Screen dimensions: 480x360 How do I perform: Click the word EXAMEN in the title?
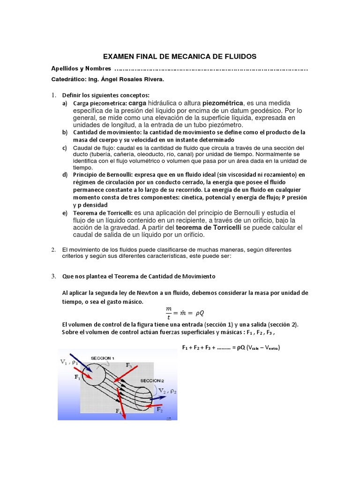click(x=119, y=56)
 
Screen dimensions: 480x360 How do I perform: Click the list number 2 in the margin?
click(x=53, y=249)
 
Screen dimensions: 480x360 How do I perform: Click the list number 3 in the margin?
click(x=53, y=276)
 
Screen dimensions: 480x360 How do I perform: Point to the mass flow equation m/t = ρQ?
click(x=183, y=312)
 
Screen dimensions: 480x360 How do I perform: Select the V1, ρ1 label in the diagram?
click(x=68, y=362)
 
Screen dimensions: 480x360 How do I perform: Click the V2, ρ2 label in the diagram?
click(x=166, y=391)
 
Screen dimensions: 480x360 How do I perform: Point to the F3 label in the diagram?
click(x=129, y=365)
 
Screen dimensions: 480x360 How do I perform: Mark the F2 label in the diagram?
click(x=159, y=409)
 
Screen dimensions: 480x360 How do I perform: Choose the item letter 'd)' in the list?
click(x=65, y=175)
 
